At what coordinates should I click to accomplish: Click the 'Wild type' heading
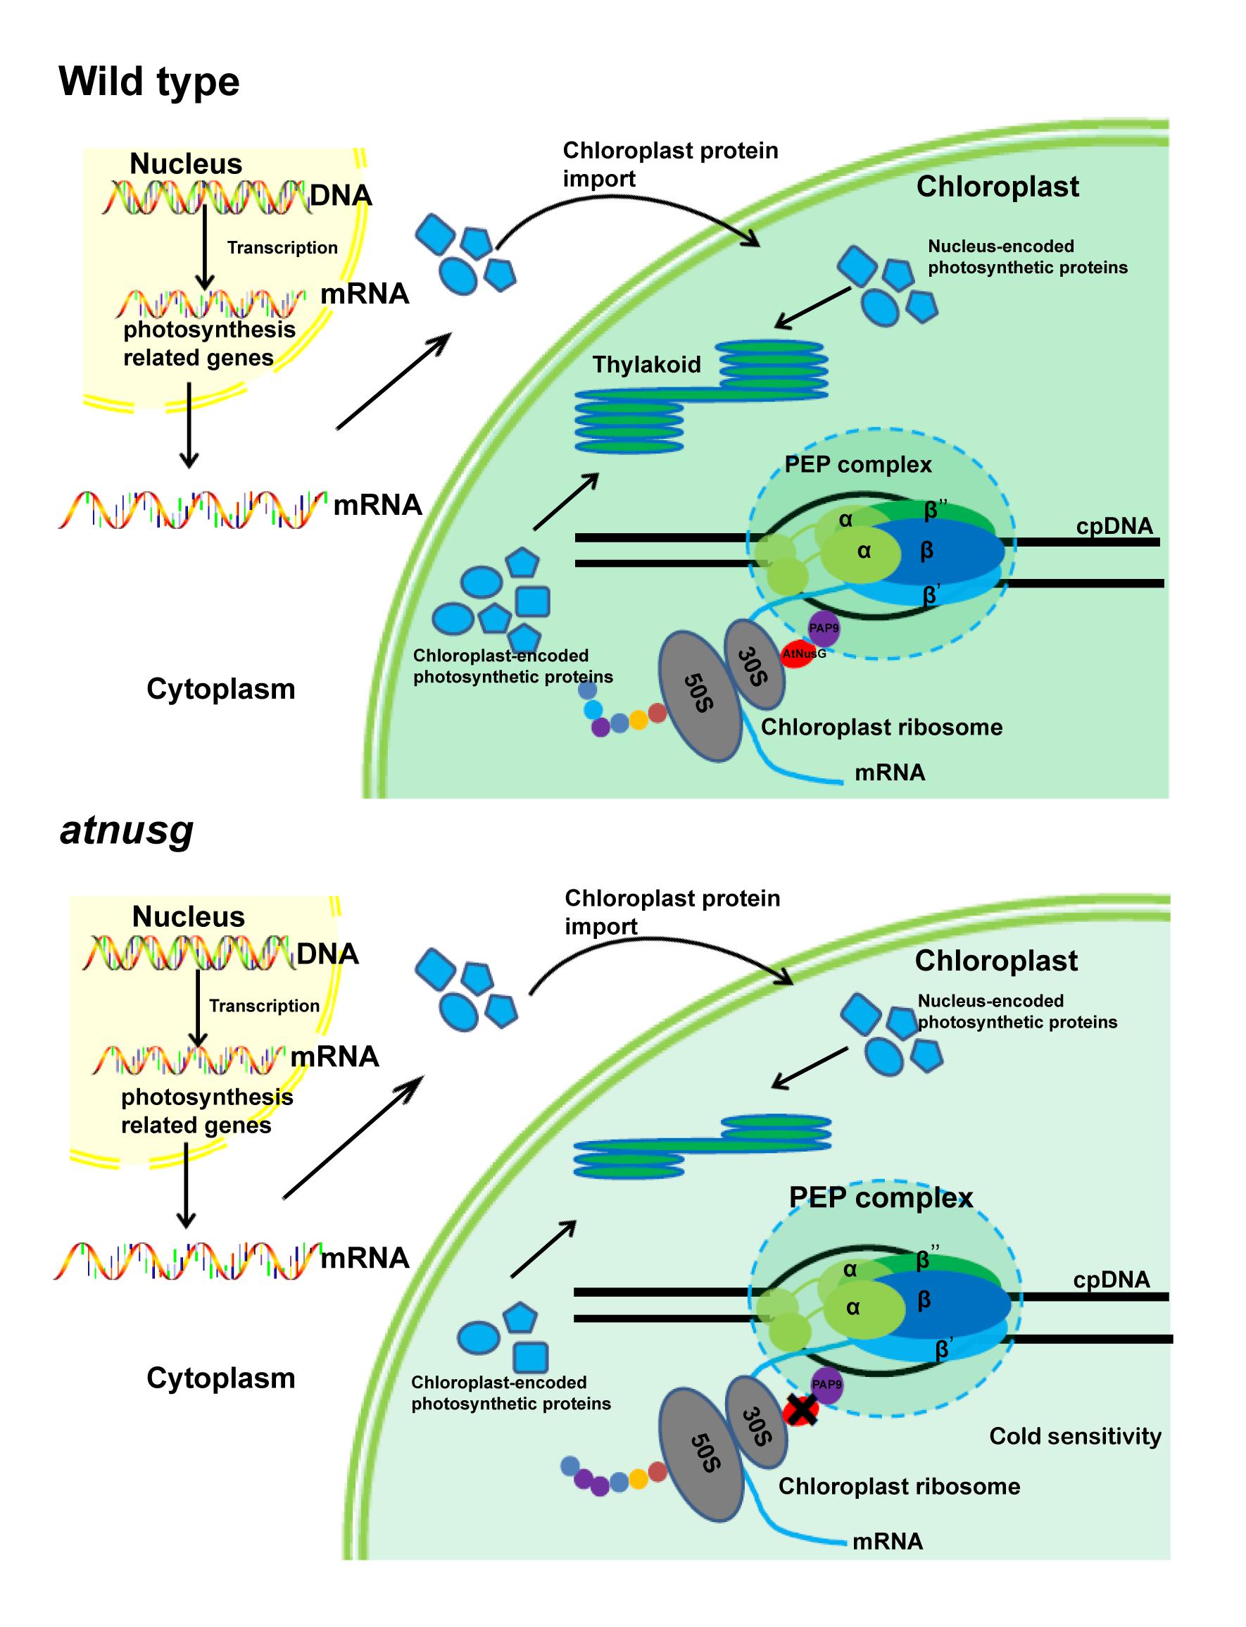[x=149, y=82]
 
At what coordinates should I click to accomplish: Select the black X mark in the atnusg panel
[x=801, y=1409]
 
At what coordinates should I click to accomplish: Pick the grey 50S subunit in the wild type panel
[x=700, y=695]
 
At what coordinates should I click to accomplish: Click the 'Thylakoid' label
[x=646, y=364]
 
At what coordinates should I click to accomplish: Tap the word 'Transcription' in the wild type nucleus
[x=282, y=248]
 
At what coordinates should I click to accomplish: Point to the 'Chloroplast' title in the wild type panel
[x=997, y=186]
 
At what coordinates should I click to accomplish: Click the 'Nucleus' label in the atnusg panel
[x=189, y=917]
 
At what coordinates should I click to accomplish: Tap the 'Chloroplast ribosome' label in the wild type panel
[x=881, y=727]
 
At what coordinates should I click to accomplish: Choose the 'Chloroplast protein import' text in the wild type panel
[x=669, y=164]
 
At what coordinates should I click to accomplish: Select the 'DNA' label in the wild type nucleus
[x=341, y=196]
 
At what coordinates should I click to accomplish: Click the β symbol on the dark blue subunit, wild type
[x=926, y=551]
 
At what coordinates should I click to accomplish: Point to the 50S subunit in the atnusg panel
[x=701, y=1456]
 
